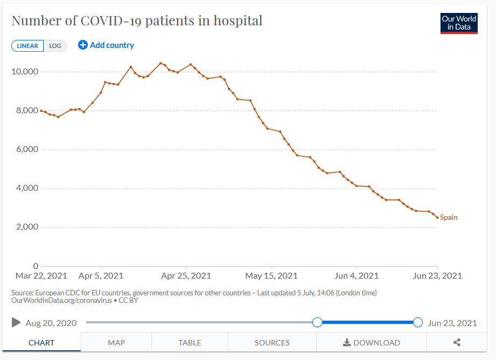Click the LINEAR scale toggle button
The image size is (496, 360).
click(x=27, y=46)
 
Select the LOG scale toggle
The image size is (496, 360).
click(x=55, y=46)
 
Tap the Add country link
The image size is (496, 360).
click(x=106, y=45)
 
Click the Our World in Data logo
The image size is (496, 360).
click(x=459, y=23)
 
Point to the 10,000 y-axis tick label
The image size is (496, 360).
click(x=25, y=72)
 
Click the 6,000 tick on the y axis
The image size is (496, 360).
click(x=27, y=149)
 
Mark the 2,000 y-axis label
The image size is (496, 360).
click(x=27, y=227)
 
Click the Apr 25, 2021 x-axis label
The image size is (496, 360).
click(x=186, y=276)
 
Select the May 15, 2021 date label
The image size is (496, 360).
click(x=271, y=276)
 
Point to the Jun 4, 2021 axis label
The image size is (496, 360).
click(x=357, y=276)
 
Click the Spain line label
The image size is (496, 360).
click(x=449, y=217)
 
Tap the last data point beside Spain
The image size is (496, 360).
click(x=437, y=218)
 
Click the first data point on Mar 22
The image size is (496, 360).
click(x=41, y=111)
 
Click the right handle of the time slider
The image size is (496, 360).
click(x=418, y=322)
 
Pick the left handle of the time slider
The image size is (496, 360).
click(x=317, y=322)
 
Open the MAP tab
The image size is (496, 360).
click(x=116, y=342)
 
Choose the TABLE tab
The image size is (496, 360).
click(x=190, y=342)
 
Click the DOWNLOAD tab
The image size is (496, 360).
click(x=372, y=342)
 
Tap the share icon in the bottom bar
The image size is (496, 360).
click(x=457, y=342)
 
